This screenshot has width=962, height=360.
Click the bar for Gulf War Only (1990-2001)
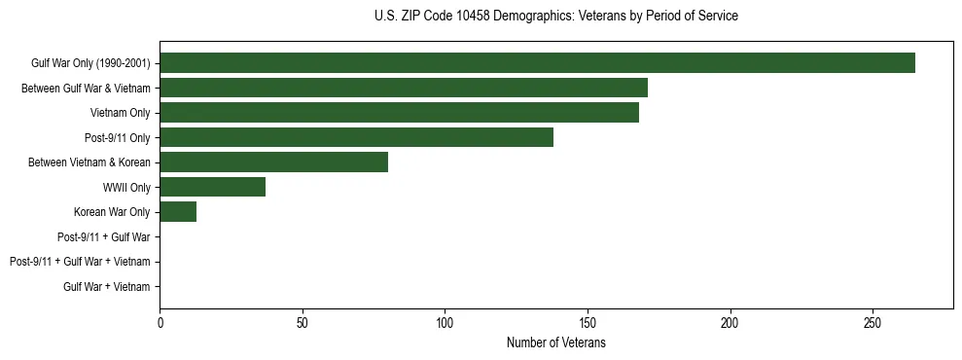coord(537,63)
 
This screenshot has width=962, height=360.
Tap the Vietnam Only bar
coord(399,113)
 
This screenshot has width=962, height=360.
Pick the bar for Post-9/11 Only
coord(356,137)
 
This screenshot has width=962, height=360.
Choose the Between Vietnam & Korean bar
coord(273,162)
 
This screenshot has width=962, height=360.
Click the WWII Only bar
coord(212,187)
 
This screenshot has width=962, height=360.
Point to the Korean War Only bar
coord(178,212)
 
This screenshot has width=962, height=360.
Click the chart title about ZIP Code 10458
coord(555,17)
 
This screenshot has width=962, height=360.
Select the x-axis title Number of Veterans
coord(555,343)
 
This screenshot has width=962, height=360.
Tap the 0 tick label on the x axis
coord(160,323)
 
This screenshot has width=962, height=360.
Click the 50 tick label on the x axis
coord(303,323)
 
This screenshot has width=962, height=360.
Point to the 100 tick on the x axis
coord(445,323)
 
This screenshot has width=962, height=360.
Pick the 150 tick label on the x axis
coord(588,323)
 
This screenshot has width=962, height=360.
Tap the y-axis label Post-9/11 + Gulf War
coord(103,236)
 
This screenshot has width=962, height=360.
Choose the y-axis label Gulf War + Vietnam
coord(106,286)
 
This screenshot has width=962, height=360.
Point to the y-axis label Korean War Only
coord(112,212)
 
